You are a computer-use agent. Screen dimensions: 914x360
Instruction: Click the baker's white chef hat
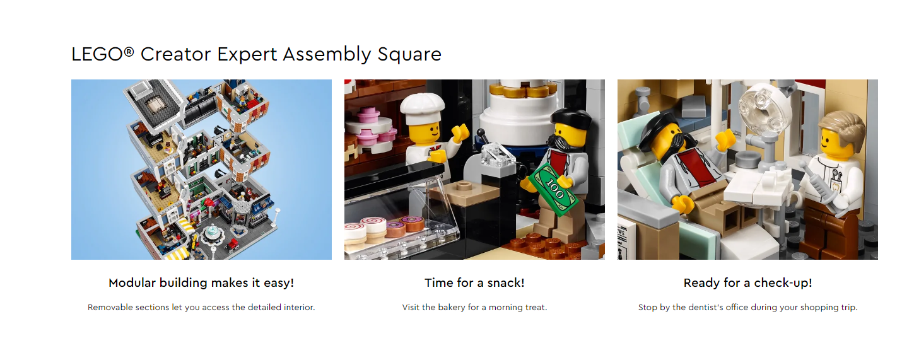(422, 108)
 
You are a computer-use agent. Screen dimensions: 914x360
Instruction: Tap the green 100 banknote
(553, 189)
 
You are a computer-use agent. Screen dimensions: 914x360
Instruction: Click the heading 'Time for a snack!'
(474, 282)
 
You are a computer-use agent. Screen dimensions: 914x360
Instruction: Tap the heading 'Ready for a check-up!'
(747, 282)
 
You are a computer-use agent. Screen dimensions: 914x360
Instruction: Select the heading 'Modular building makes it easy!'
(201, 282)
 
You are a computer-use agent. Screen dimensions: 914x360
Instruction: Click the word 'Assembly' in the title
(327, 55)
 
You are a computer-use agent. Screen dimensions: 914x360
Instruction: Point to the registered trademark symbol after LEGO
(129, 51)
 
